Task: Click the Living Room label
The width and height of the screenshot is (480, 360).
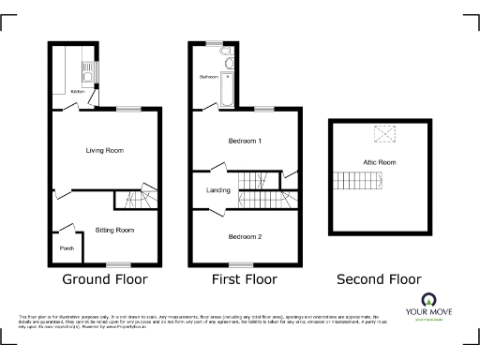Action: pyautogui.click(x=105, y=150)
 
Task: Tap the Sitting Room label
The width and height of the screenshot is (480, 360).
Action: pyautogui.click(x=114, y=230)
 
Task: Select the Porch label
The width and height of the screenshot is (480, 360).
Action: pyautogui.click(x=65, y=248)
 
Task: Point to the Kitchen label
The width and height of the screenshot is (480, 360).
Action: pyautogui.click(x=78, y=92)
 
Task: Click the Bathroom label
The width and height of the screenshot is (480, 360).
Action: pyautogui.click(x=208, y=75)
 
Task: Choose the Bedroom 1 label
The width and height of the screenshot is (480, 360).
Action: pyautogui.click(x=245, y=142)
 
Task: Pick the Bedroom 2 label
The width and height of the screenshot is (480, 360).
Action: pyautogui.click(x=245, y=236)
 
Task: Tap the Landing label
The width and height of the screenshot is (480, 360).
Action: pyautogui.click(x=218, y=191)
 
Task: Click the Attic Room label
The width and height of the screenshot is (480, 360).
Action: pyautogui.click(x=380, y=162)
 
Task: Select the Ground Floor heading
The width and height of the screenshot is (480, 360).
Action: pyautogui.click(x=105, y=279)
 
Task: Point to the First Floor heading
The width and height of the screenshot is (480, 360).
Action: pyautogui.click(x=245, y=279)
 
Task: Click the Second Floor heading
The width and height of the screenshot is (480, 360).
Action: pyautogui.click(x=380, y=279)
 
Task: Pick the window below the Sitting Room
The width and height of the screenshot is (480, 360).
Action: pyautogui.click(x=118, y=263)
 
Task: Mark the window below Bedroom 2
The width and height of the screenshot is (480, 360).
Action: pyautogui.click(x=242, y=263)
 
